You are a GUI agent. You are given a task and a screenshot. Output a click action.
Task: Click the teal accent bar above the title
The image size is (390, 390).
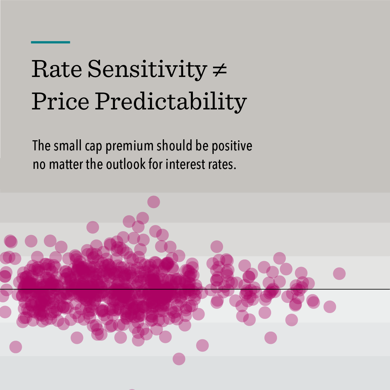50,42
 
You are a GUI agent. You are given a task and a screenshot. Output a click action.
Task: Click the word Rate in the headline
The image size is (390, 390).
57,69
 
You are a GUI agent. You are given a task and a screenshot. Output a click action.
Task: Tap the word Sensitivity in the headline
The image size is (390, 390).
147,69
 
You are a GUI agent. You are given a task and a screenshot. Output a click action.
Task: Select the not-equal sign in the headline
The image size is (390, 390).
220,69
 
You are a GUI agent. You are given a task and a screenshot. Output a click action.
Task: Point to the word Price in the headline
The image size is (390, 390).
60,101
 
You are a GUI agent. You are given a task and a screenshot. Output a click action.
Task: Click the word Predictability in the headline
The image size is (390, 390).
171,102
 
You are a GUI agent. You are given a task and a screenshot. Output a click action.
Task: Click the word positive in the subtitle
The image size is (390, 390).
232,146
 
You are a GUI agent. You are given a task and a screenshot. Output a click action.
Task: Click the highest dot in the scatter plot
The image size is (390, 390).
154,202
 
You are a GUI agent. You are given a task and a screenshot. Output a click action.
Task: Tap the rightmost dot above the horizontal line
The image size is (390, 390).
339,274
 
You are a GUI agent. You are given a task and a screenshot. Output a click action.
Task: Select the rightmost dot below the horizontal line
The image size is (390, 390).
330,307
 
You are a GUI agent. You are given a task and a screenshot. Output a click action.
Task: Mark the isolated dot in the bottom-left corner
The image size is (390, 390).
16,347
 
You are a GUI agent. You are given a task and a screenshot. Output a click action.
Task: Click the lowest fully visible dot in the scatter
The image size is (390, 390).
179,359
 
